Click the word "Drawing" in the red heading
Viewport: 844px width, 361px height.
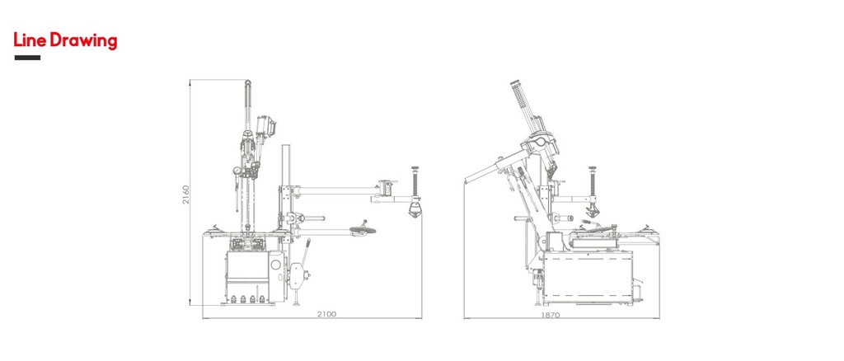click(83, 41)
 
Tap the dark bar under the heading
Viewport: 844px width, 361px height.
click(27, 58)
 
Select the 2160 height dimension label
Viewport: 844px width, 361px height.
click(185, 195)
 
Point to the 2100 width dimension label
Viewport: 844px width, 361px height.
click(326, 314)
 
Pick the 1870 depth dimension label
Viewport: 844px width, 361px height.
click(551, 315)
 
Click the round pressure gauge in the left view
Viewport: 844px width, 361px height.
click(237, 171)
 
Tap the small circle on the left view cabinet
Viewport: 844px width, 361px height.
click(276, 265)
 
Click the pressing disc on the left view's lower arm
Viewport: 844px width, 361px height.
click(363, 230)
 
